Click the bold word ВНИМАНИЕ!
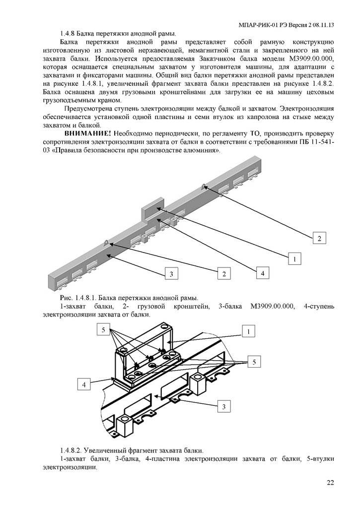[87, 134]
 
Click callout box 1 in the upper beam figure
[294, 258]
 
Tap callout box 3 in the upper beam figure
[171, 273]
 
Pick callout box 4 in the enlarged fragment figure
[85, 383]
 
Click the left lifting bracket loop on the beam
[106, 242]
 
